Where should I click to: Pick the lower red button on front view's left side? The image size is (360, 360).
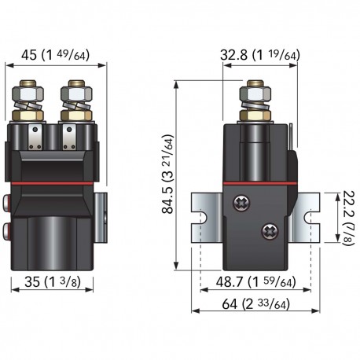pos(8,230)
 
